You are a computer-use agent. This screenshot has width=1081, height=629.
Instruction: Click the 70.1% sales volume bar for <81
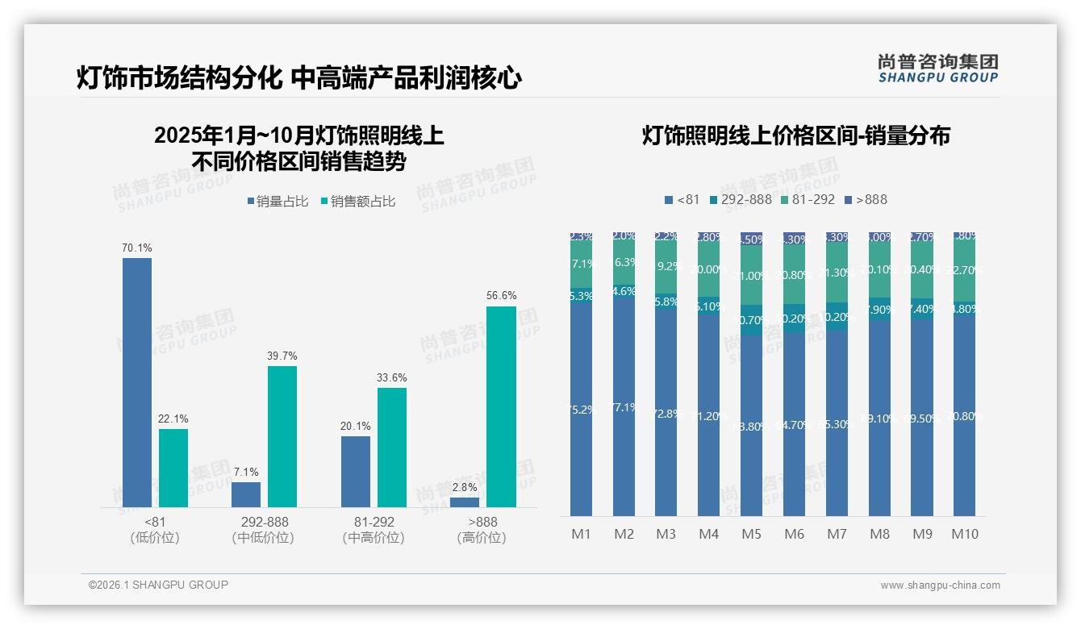137,382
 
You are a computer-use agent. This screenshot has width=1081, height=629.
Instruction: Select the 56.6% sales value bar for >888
501,406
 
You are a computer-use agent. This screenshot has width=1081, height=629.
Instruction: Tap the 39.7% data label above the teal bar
282,356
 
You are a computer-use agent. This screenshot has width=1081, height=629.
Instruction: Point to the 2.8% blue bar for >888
465,502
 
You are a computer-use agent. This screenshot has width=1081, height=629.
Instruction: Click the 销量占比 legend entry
278,202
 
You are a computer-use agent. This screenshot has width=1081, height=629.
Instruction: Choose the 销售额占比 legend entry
358,202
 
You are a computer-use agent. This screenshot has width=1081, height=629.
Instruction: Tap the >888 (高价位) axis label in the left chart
482,529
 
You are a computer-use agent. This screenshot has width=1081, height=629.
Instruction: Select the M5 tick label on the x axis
751,534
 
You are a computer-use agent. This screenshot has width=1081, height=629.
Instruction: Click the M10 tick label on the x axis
965,534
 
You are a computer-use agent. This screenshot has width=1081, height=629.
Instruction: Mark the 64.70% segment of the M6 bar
794,423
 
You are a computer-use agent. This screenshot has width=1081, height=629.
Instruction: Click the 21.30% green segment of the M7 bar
837,273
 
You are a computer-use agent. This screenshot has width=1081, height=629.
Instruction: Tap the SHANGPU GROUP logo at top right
937,69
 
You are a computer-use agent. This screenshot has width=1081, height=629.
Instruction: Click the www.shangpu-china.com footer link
940,585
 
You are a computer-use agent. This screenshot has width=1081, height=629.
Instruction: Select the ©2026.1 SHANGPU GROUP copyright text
158,585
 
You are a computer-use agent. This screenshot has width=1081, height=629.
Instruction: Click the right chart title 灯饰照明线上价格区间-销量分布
795,135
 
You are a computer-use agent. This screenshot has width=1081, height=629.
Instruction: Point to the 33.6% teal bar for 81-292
392,448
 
